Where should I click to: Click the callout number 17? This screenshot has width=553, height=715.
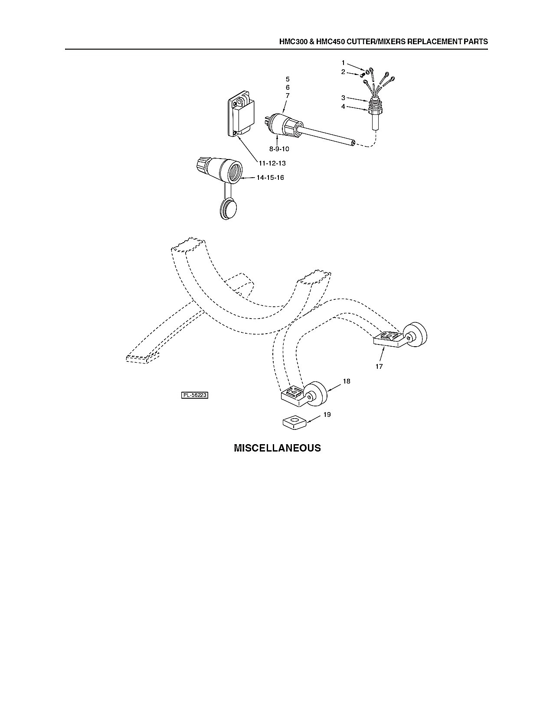tap(379, 366)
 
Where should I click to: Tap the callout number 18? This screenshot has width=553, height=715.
tap(347, 381)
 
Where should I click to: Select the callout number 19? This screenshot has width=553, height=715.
tap(327, 415)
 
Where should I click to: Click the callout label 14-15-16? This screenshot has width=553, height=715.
tap(270, 178)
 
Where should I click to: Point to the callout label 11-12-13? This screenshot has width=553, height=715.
tap(272, 163)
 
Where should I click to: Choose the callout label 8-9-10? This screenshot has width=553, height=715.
tap(279, 149)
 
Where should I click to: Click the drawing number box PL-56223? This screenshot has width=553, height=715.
tap(195, 395)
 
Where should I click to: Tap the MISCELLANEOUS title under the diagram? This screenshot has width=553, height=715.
tap(277, 448)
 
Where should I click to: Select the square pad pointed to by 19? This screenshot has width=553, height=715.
tap(294, 423)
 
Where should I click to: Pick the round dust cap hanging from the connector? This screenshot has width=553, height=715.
tap(228, 209)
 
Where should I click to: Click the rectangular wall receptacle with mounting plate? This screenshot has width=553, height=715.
tap(242, 117)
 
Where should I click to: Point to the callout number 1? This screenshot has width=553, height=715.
tap(343, 62)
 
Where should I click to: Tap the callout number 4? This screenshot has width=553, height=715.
tap(343, 107)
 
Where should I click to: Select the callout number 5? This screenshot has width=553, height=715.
tap(288, 79)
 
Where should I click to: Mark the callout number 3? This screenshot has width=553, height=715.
tap(343, 98)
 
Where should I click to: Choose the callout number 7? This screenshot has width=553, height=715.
tap(288, 96)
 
